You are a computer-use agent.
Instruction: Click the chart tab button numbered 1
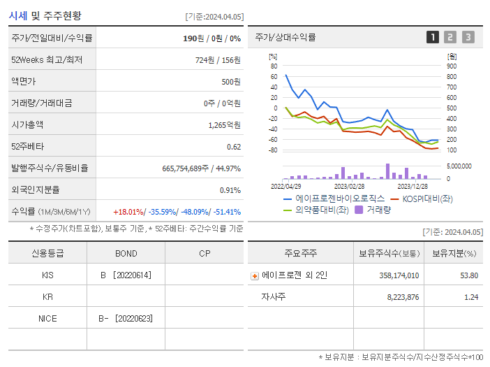coord(433,37)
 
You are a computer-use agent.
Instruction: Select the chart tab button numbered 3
coord(468,37)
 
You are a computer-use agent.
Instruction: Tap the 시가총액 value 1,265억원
coord(224,125)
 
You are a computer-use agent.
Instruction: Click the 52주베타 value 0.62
coord(234,147)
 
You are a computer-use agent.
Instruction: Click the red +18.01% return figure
coord(129,212)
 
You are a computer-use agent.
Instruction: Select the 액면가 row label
coord(23,82)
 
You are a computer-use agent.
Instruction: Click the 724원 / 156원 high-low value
coord(218,60)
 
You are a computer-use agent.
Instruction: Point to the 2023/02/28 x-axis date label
coord(349,186)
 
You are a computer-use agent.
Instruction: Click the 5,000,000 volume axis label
coord(458,166)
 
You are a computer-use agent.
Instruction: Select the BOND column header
coord(126,253)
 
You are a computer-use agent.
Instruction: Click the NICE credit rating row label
coord(47,319)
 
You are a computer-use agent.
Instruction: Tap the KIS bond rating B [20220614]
coord(126,275)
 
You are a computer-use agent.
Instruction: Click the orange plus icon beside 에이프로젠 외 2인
coord(254,275)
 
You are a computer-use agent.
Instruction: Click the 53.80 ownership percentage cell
coord(469,275)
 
